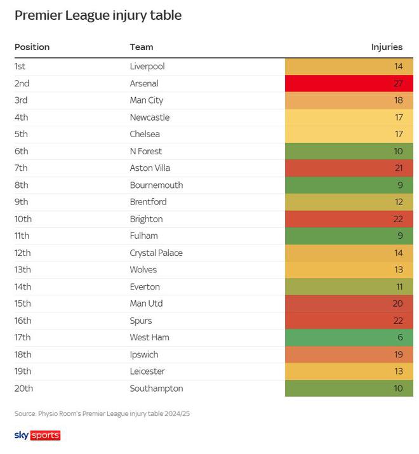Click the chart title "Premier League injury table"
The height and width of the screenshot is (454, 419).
pyautogui.click(x=98, y=16)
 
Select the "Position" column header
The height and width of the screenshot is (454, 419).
pyautogui.click(x=32, y=47)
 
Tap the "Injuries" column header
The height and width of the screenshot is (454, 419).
pyautogui.click(x=387, y=47)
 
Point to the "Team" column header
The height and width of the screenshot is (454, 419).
pyautogui.click(x=141, y=47)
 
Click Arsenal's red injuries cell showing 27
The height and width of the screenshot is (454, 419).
pyautogui.click(x=349, y=83)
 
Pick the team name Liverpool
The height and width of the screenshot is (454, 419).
pyautogui.click(x=147, y=66)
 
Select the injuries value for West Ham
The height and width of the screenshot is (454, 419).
pyautogui.click(x=349, y=337)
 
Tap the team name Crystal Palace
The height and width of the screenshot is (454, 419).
pyautogui.click(x=156, y=253)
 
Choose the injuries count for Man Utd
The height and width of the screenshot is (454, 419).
pyautogui.click(x=349, y=304)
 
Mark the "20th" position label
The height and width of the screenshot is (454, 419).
pyautogui.click(x=23, y=388)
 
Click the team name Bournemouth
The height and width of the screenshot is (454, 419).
pyautogui.click(x=156, y=185)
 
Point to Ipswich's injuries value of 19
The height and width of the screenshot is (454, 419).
pyautogui.click(x=349, y=354)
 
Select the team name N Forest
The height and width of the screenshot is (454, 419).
pyautogui.click(x=146, y=151)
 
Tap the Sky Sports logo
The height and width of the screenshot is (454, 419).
pyautogui.click(x=37, y=435)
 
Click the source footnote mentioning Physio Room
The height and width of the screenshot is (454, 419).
pyautogui.click(x=102, y=413)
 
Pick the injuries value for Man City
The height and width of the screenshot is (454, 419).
pyautogui.click(x=349, y=100)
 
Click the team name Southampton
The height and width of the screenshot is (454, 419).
pyautogui.click(x=156, y=388)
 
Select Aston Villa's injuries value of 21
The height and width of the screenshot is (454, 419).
pyautogui.click(x=349, y=168)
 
